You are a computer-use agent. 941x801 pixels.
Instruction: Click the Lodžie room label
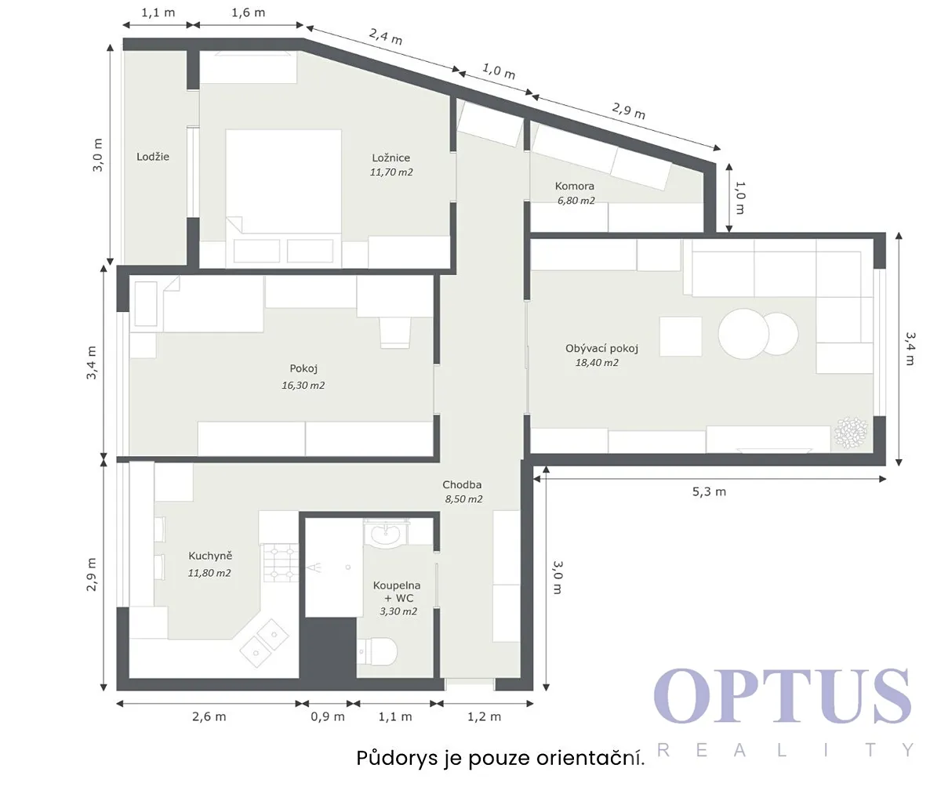(153, 157)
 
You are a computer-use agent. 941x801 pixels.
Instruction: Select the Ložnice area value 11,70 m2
(391, 172)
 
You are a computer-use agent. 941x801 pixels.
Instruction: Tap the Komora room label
(575, 186)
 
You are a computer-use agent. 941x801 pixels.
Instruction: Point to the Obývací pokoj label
(601, 349)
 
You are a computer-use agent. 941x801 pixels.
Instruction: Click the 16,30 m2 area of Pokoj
(303, 386)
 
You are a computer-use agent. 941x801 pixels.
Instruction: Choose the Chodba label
(462, 484)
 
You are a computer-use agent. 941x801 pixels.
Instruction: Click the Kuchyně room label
(210, 556)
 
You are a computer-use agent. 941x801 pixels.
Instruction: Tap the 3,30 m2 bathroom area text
(398, 611)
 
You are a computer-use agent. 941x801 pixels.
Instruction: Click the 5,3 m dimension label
(709, 492)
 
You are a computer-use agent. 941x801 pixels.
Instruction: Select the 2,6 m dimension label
(209, 717)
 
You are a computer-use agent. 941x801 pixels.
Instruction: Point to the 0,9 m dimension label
(328, 717)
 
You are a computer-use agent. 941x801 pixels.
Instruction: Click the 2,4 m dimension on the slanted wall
(386, 36)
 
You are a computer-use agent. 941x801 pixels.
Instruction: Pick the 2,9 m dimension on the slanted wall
(629, 111)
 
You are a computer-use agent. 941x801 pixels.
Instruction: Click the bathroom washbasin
(386, 534)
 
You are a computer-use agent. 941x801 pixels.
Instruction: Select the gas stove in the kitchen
(282, 564)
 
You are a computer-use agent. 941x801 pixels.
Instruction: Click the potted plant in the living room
(851, 433)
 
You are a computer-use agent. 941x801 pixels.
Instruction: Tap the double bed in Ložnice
(284, 198)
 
